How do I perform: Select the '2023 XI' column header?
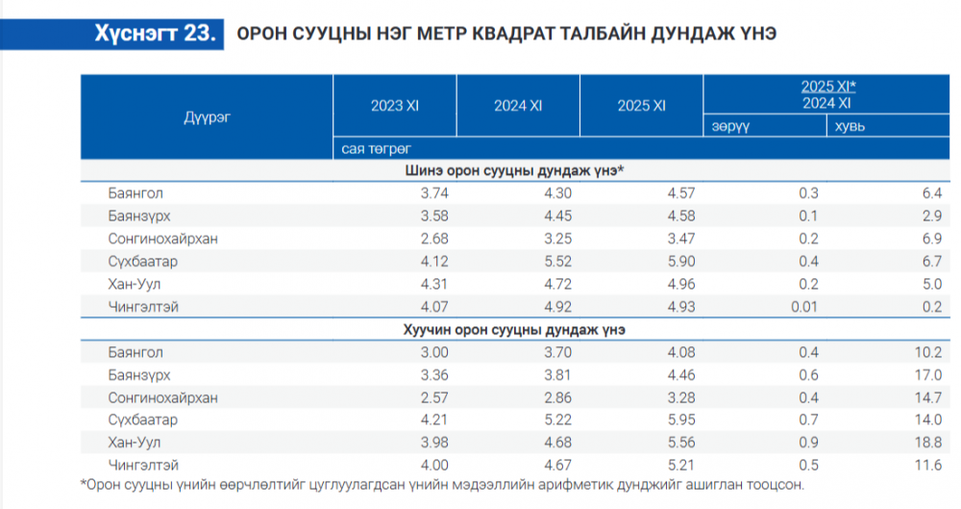(395, 106)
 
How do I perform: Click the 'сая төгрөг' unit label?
(376, 148)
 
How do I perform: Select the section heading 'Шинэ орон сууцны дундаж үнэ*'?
(514, 170)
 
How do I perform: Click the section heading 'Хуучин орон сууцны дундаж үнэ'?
(514, 329)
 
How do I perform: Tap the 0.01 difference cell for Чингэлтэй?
(803, 307)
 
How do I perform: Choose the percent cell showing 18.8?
(926, 443)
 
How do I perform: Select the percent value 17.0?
(926, 374)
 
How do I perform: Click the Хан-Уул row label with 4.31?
(134, 284)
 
